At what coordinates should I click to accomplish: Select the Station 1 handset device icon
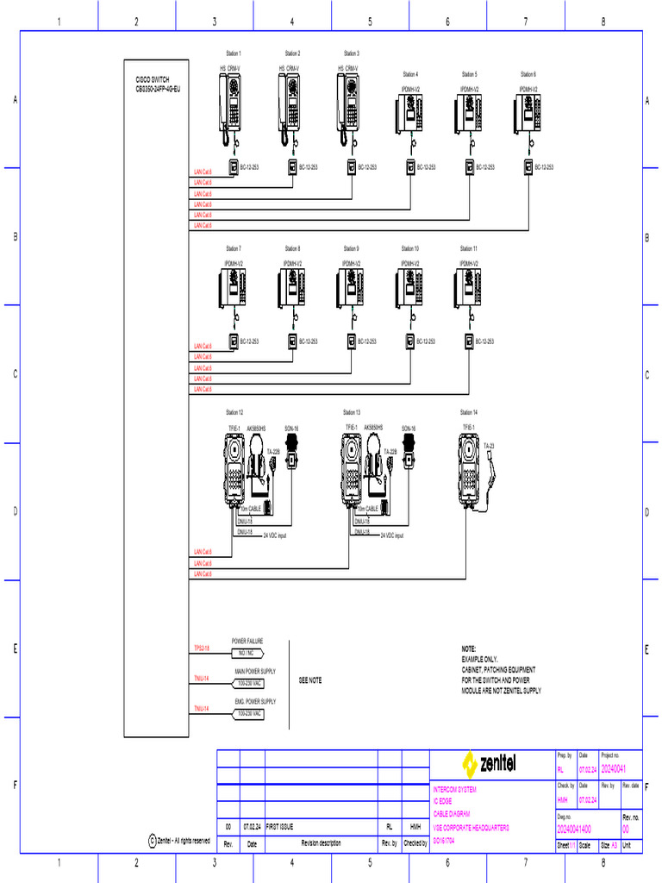click(232, 108)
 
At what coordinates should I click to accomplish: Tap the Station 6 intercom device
click(528, 114)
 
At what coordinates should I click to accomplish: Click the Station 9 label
click(351, 248)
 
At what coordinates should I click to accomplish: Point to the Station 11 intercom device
click(469, 287)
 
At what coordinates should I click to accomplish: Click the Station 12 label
click(234, 412)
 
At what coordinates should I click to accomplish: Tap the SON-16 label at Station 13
click(409, 428)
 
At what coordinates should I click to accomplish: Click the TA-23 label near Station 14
click(489, 446)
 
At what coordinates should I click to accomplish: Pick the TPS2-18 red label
click(202, 647)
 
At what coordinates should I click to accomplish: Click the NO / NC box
click(248, 653)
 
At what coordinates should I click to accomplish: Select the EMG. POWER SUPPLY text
click(255, 702)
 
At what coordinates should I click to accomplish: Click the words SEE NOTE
click(310, 680)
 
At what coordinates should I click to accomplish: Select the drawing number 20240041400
click(574, 829)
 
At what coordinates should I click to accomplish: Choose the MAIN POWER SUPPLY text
click(255, 671)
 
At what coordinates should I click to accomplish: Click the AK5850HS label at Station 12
click(256, 428)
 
